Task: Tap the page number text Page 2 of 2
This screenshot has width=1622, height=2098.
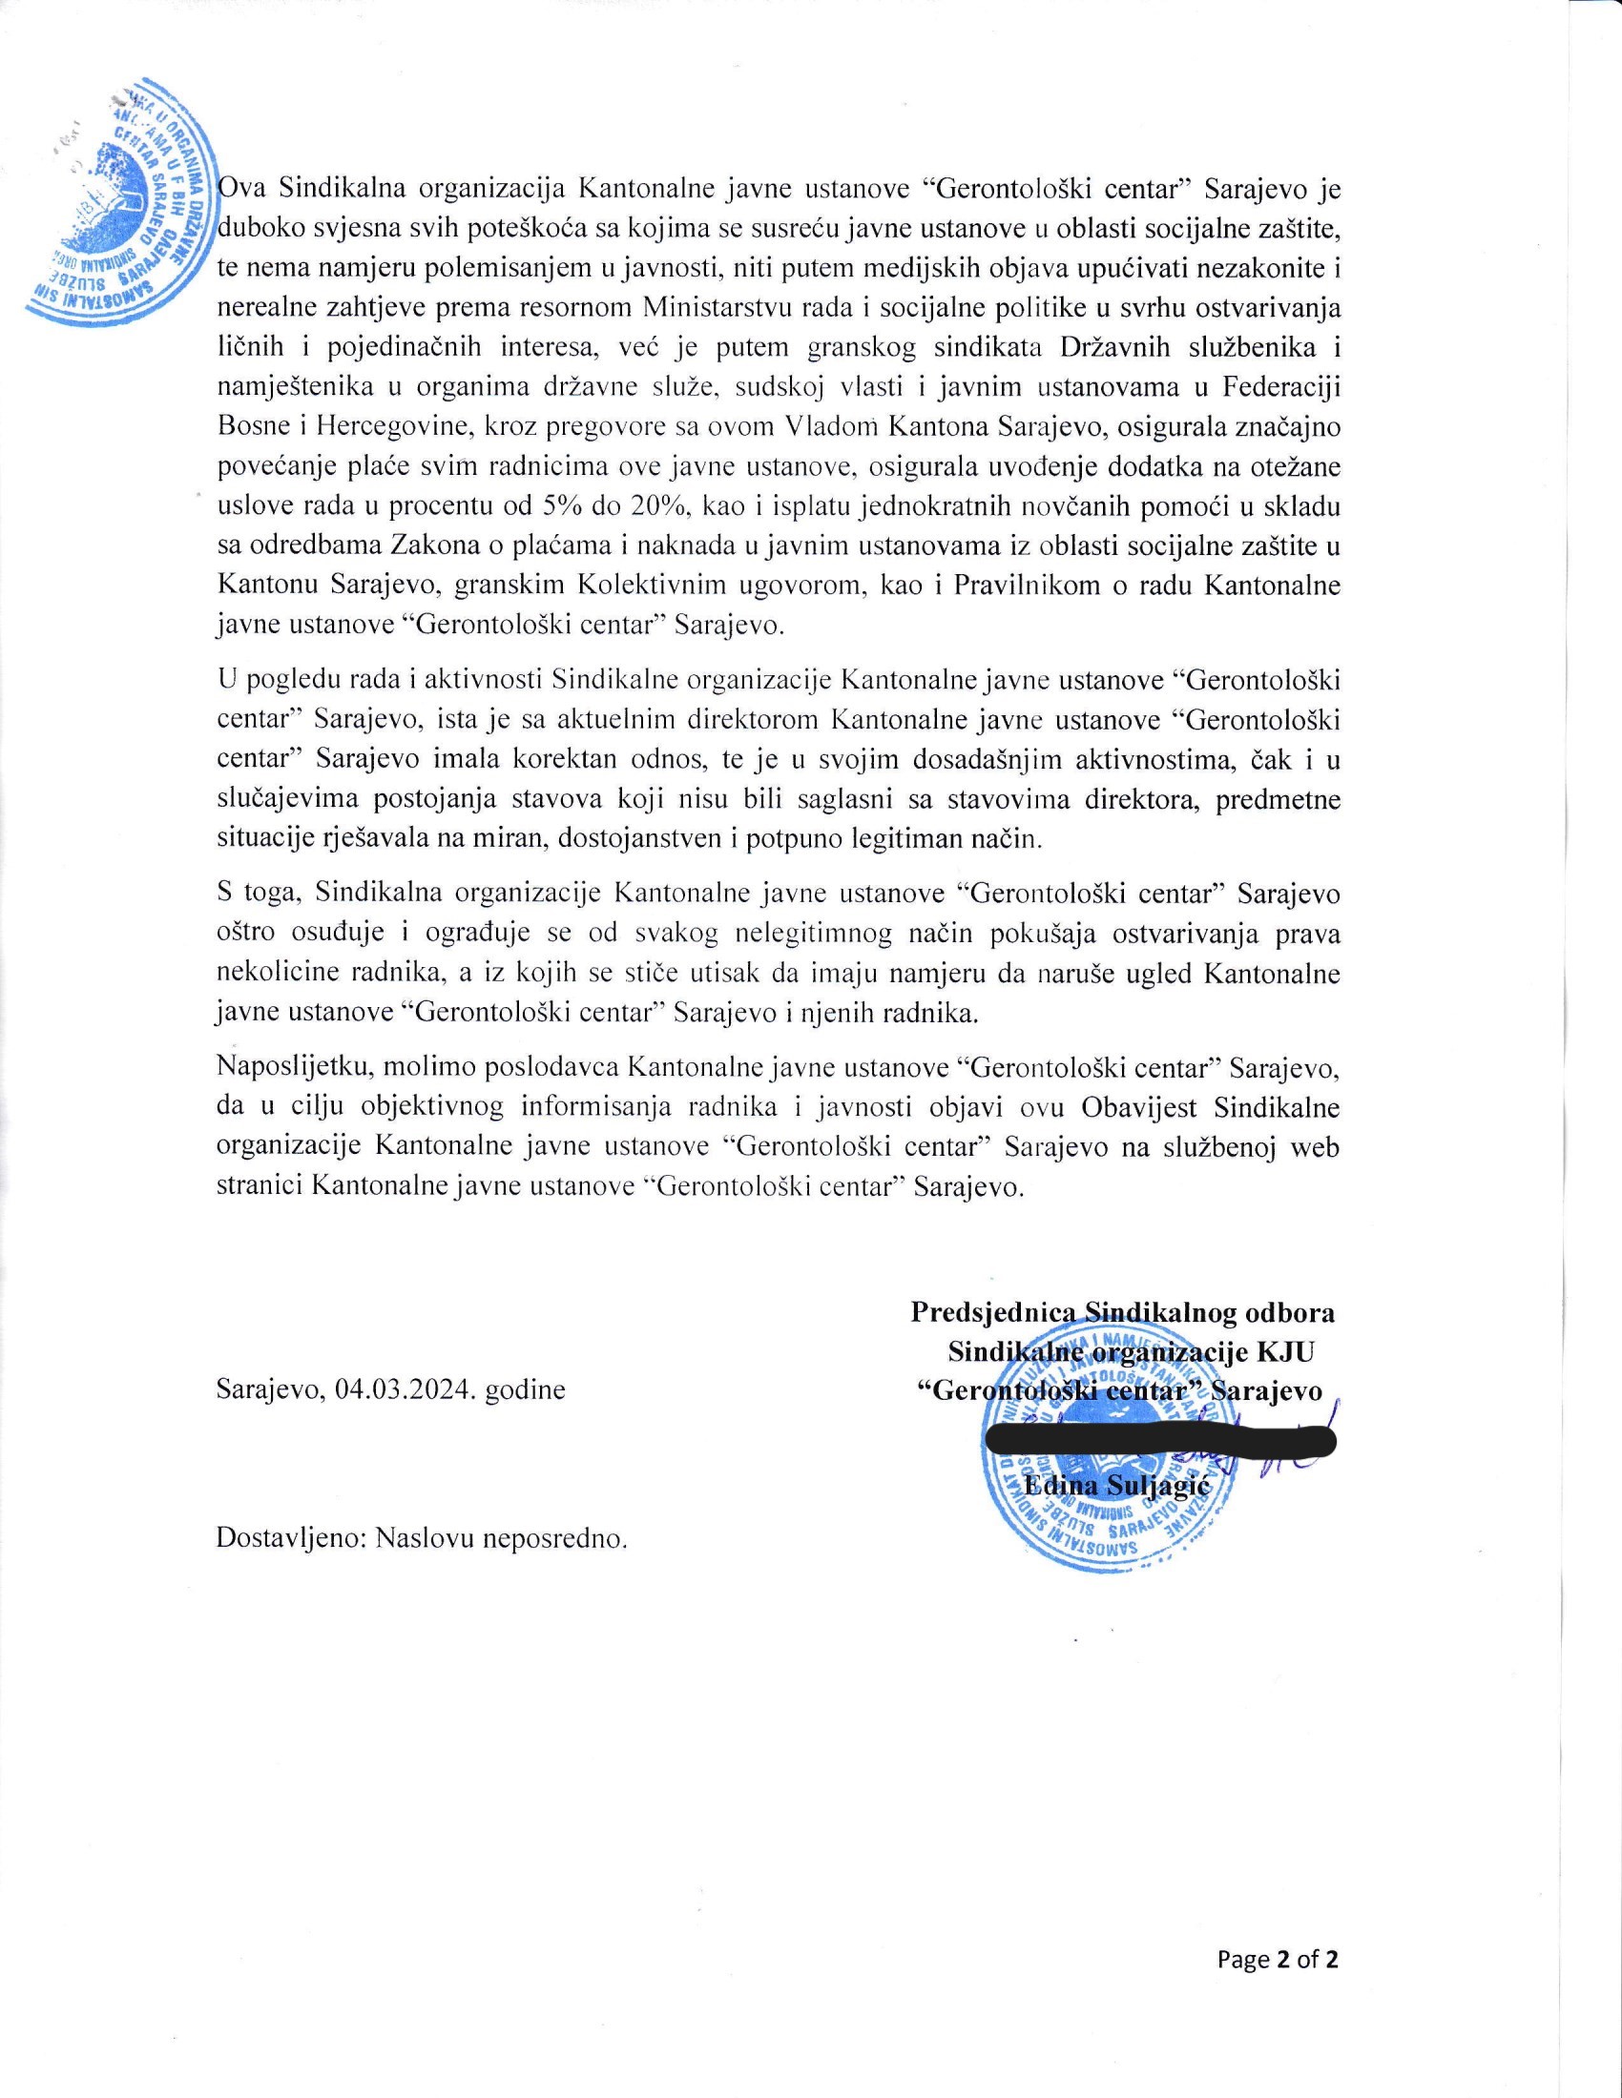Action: click(x=1277, y=1959)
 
